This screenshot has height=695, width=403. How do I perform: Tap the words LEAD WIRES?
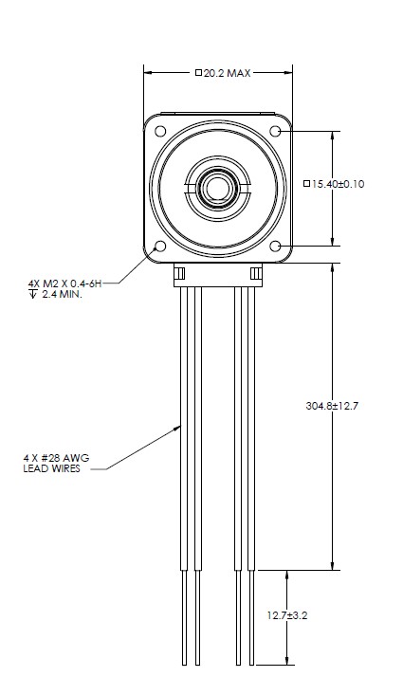(x=49, y=468)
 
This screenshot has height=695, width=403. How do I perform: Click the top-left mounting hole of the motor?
(x=159, y=131)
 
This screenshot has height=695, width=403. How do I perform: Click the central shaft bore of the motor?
(x=217, y=188)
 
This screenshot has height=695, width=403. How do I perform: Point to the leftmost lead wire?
(x=184, y=474)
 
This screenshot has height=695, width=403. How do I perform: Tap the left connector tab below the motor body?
(x=178, y=274)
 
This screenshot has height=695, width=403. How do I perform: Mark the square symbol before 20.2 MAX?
(x=196, y=73)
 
